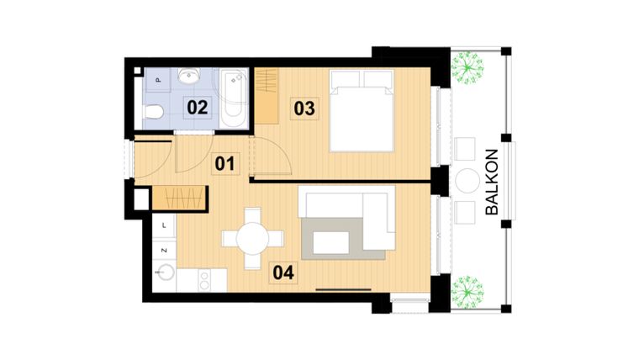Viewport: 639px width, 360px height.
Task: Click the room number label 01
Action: tap(224, 163)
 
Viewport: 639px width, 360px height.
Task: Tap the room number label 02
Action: tap(197, 107)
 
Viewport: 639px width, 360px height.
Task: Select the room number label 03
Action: tap(304, 108)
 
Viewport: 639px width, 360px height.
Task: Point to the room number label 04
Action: tap(283, 272)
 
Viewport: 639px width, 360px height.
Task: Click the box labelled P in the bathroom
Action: tap(158, 80)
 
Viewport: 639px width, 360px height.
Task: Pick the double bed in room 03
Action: tap(362, 110)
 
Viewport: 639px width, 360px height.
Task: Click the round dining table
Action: tap(252, 239)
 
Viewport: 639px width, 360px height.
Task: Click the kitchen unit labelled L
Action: tap(163, 225)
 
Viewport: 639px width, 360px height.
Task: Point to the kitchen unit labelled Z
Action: tap(163, 250)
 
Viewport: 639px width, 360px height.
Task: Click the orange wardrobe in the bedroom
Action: tap(267, 93)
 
